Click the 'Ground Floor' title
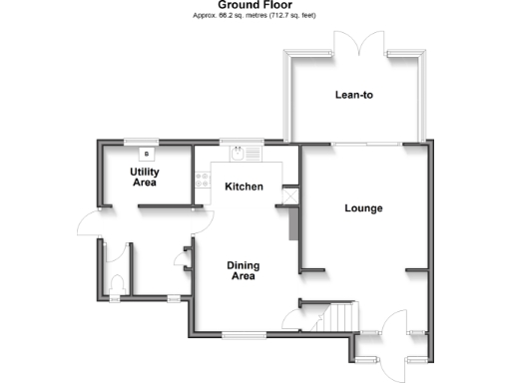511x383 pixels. (x=255, y=5)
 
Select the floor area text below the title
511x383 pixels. (x=255, y=17)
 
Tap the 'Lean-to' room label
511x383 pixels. (x=354, y=96)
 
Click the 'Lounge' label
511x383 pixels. (x=364, y=208)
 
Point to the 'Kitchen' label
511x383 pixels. (x=244, y=188)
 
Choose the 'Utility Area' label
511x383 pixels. (x=145, y=178)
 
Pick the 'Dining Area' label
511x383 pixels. (x=243, y=270)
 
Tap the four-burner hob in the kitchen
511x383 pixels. (x=203, y=180)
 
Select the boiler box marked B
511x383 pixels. (x=148, y=155)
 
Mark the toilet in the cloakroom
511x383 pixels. (x=116, y=283)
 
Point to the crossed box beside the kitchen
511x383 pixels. (x=290, y=197)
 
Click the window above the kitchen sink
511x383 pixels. (x=236, y=141)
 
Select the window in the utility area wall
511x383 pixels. (x=141, y=141)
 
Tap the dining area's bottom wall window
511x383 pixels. (x=240, y=332)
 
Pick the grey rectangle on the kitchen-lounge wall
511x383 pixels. (x=292, y=224)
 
